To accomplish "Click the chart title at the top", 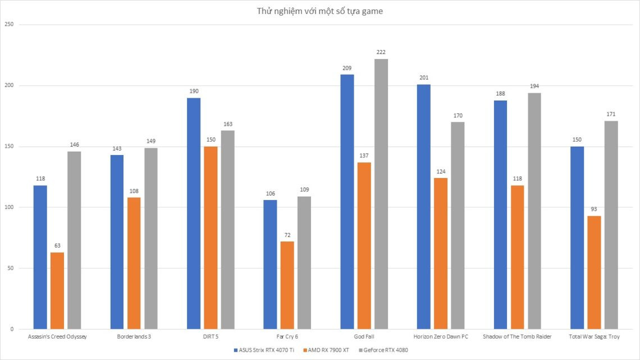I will (x=319, y=11).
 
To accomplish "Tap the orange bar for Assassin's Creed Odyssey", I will (x=57, y=290).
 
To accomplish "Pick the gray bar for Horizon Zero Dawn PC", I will (x=458, y=225).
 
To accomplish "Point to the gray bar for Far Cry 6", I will (x=304, y=262).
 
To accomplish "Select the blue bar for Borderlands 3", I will (x=117, y=241).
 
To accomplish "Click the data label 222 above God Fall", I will (x=381, y=52).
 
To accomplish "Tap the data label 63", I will (x=57, y=245).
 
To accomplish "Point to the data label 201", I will (x=424, y=78).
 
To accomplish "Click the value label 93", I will (x=593, y=209).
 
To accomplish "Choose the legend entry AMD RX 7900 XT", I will (x=327, y=350).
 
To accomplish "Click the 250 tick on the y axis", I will (x=8, y=25).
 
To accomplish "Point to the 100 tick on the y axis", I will (x=8, y=207).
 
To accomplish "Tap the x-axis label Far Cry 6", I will (x=287, y=337).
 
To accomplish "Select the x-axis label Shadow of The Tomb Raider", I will (x=517, y=337).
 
